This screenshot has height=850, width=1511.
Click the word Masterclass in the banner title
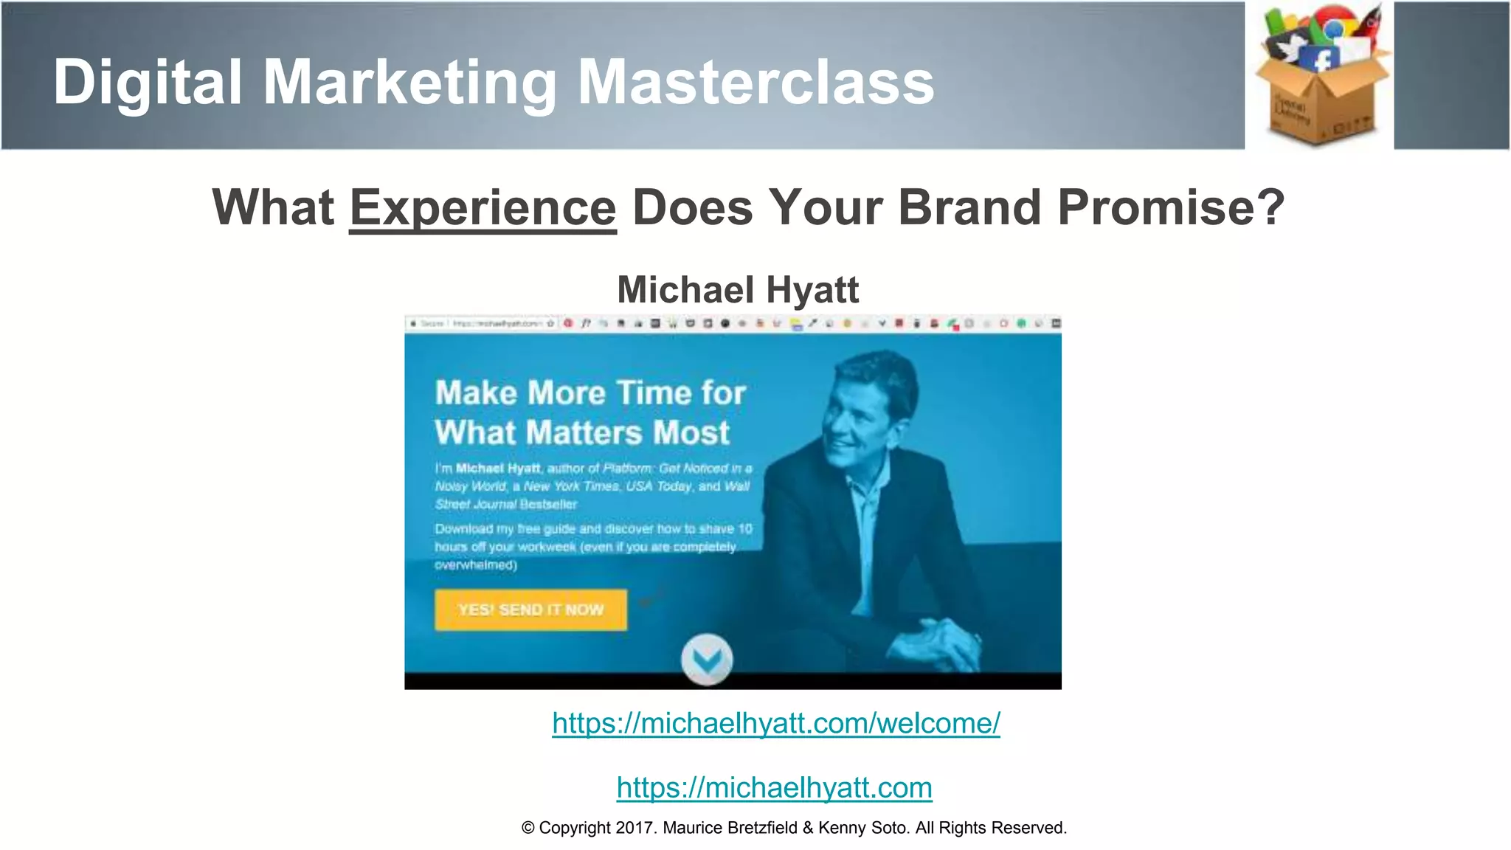(x=755, y=82)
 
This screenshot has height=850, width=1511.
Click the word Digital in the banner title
(x=148, y=82)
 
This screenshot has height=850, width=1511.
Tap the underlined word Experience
(x=483, y=207)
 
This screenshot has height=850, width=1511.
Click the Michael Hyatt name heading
(x=738, y=289)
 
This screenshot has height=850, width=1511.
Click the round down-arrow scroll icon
(x=707, y=659)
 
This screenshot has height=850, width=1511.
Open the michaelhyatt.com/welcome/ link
(x=776, y=723)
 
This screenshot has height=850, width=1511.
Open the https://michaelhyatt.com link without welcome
(x=774, y=787)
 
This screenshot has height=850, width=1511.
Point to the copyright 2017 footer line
(x=794, y=828)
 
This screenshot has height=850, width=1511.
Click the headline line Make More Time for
(x=590, y=393)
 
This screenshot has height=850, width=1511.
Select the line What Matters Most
(x=582, y=432)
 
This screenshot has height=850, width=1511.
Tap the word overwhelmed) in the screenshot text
(x=476, y=565)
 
